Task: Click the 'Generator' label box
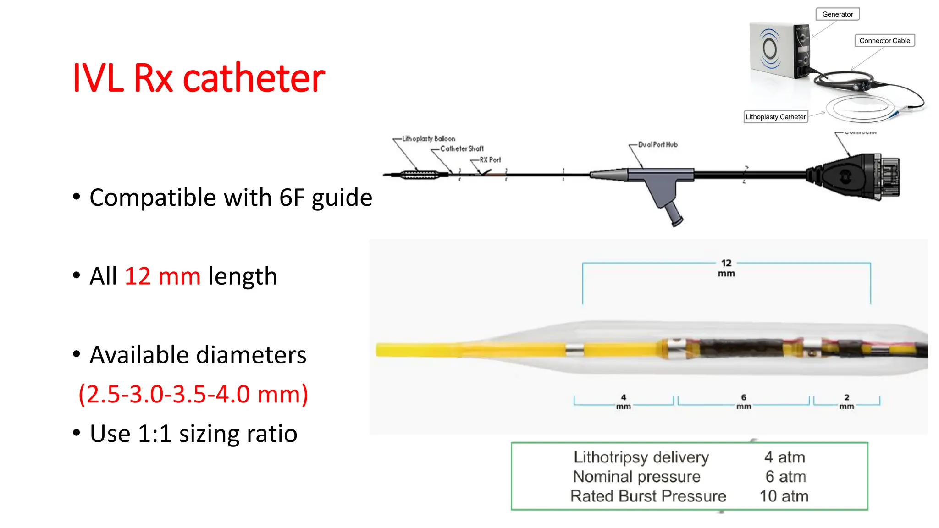[x=837, y=14]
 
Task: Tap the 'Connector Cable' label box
[x=884, y=41]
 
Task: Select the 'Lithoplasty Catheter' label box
[x=775, y=117]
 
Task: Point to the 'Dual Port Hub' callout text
[x=657, y=145]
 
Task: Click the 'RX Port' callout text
[x=490, y=160]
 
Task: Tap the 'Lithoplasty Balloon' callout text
[x=428, y=139]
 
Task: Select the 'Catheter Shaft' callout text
[x=462, y=149]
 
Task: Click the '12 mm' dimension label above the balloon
[x=726, y=268]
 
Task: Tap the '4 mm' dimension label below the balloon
[x=624, y=401]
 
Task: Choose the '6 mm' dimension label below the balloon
[x=744, y=401]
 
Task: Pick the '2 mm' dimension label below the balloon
[x=846, y=401]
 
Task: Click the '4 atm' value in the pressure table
[x=784, y=457]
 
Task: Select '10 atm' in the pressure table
[x=784, y=496]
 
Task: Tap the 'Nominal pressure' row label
[x=637, y=477]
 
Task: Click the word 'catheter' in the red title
[x=254, y=78]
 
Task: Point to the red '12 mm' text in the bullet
[x=162, y=276]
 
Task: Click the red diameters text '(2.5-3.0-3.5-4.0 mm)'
[x=193, y=394]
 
